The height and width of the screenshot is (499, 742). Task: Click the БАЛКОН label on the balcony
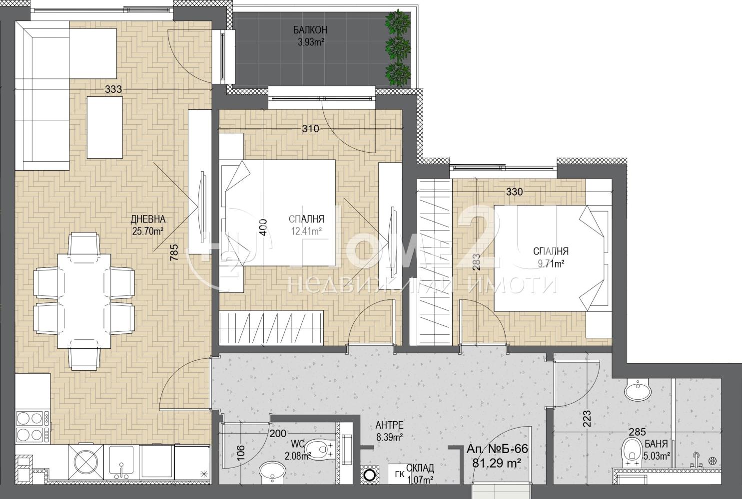[310, 30]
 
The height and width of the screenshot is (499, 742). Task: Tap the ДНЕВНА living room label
[148, 219]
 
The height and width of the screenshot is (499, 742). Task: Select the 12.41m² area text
[306, 232]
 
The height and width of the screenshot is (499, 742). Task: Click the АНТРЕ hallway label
[389, 425]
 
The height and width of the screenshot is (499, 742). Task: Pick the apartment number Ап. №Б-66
[497, 449]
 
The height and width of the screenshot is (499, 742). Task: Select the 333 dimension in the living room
[113, 89]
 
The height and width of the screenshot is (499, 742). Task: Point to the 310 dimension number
[310, 129]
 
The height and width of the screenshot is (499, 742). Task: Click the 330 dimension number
[514, 192]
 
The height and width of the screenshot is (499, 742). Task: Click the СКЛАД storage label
[420, 468]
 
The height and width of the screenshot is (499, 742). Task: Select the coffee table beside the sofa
[104, 127]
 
